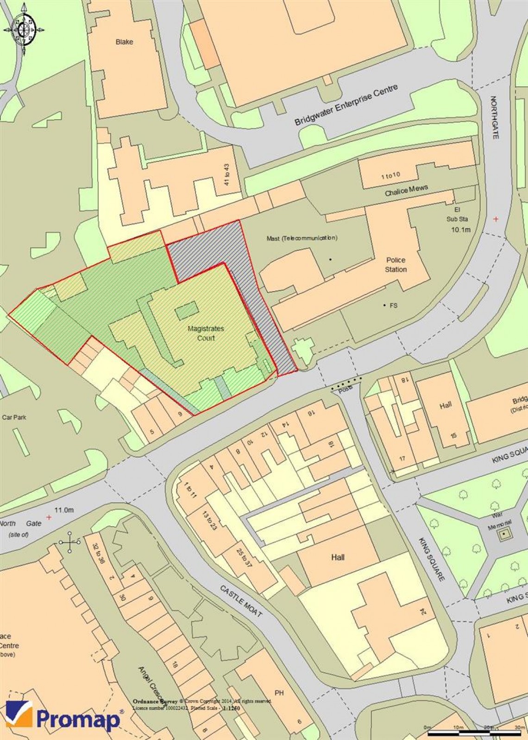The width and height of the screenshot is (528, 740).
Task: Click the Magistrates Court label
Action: pos(206,333)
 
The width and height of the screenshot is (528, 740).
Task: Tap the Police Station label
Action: pos(396,265)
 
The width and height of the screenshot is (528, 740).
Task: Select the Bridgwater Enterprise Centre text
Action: pos(346,106)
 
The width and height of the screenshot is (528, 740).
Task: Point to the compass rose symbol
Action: pos(24,30)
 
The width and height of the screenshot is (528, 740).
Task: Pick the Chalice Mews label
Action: pos(406,190)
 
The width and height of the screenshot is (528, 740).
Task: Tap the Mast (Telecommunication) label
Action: pos(302,238)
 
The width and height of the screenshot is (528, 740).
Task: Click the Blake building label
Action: pos(124,42)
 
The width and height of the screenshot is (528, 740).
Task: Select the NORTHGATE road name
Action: pos(494,117)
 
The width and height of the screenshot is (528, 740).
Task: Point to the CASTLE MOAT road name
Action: pos(241,601)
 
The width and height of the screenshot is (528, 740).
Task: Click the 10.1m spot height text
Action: pos(460,230)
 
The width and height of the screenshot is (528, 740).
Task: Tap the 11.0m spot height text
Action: pos(64,510)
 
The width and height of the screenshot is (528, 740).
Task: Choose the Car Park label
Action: pos(14,417)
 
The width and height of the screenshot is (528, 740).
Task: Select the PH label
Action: pos(279,693)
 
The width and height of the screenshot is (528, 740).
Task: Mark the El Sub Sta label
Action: pos(457,215)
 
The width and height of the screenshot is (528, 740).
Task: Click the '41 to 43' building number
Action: pos(226,175)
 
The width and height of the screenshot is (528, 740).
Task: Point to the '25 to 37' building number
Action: pos(244,558)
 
